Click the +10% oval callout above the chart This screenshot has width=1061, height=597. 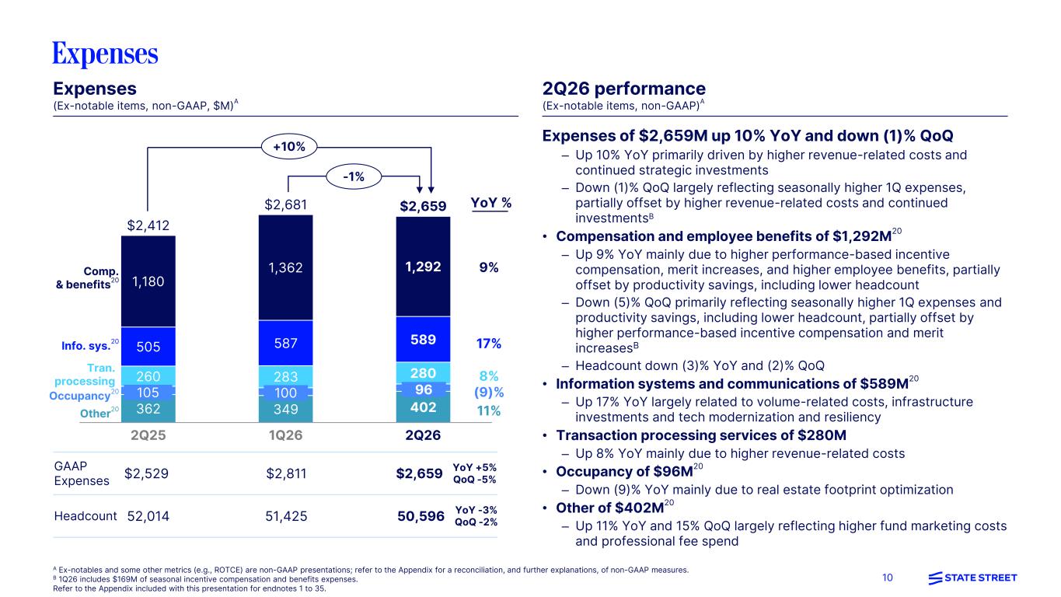click(x=289, y=147)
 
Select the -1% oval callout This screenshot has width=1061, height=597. click(x=354, y=177)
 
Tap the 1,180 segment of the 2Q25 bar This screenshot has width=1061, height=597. click(x=148, y=281)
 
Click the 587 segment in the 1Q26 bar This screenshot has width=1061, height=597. click(x=285, y=343)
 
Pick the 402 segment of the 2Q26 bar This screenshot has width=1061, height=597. click(x=423, y=407)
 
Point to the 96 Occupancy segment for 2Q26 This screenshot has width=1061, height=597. click(x=423, y=389)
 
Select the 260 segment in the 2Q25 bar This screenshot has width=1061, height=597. click(x=148, y=376)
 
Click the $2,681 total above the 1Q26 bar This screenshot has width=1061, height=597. click(x=285, y=204)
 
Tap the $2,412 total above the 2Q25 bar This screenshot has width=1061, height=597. click(x=148, y=225)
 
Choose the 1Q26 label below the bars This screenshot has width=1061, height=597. click(x=285, y=435)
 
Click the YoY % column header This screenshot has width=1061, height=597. click(x=490, y=203)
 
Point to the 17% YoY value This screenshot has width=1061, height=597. click(x=489, y=344)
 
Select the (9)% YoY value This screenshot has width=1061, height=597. click(x=489, y=393)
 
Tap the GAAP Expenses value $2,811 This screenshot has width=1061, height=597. click(x=286, y=473)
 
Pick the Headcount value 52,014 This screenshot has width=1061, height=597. click(x=148, y=516)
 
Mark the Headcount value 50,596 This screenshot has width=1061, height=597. click(x=421, y=516)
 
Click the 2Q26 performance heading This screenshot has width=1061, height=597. click(x=624, y=89)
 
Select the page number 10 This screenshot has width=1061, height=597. click(x=887, y=578)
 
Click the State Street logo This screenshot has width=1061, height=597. click(x=972, y=578)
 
